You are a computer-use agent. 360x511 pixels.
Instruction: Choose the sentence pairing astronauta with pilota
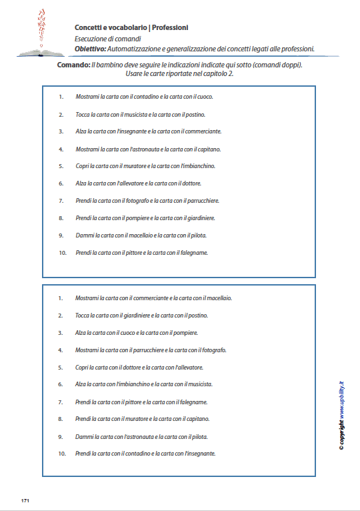tap(151, 437)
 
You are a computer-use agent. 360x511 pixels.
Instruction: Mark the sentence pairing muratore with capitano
tap(152, 419)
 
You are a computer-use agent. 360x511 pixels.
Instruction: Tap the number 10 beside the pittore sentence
tap(63, 253)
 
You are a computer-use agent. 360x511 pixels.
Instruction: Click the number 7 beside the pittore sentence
tap(61, 402)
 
